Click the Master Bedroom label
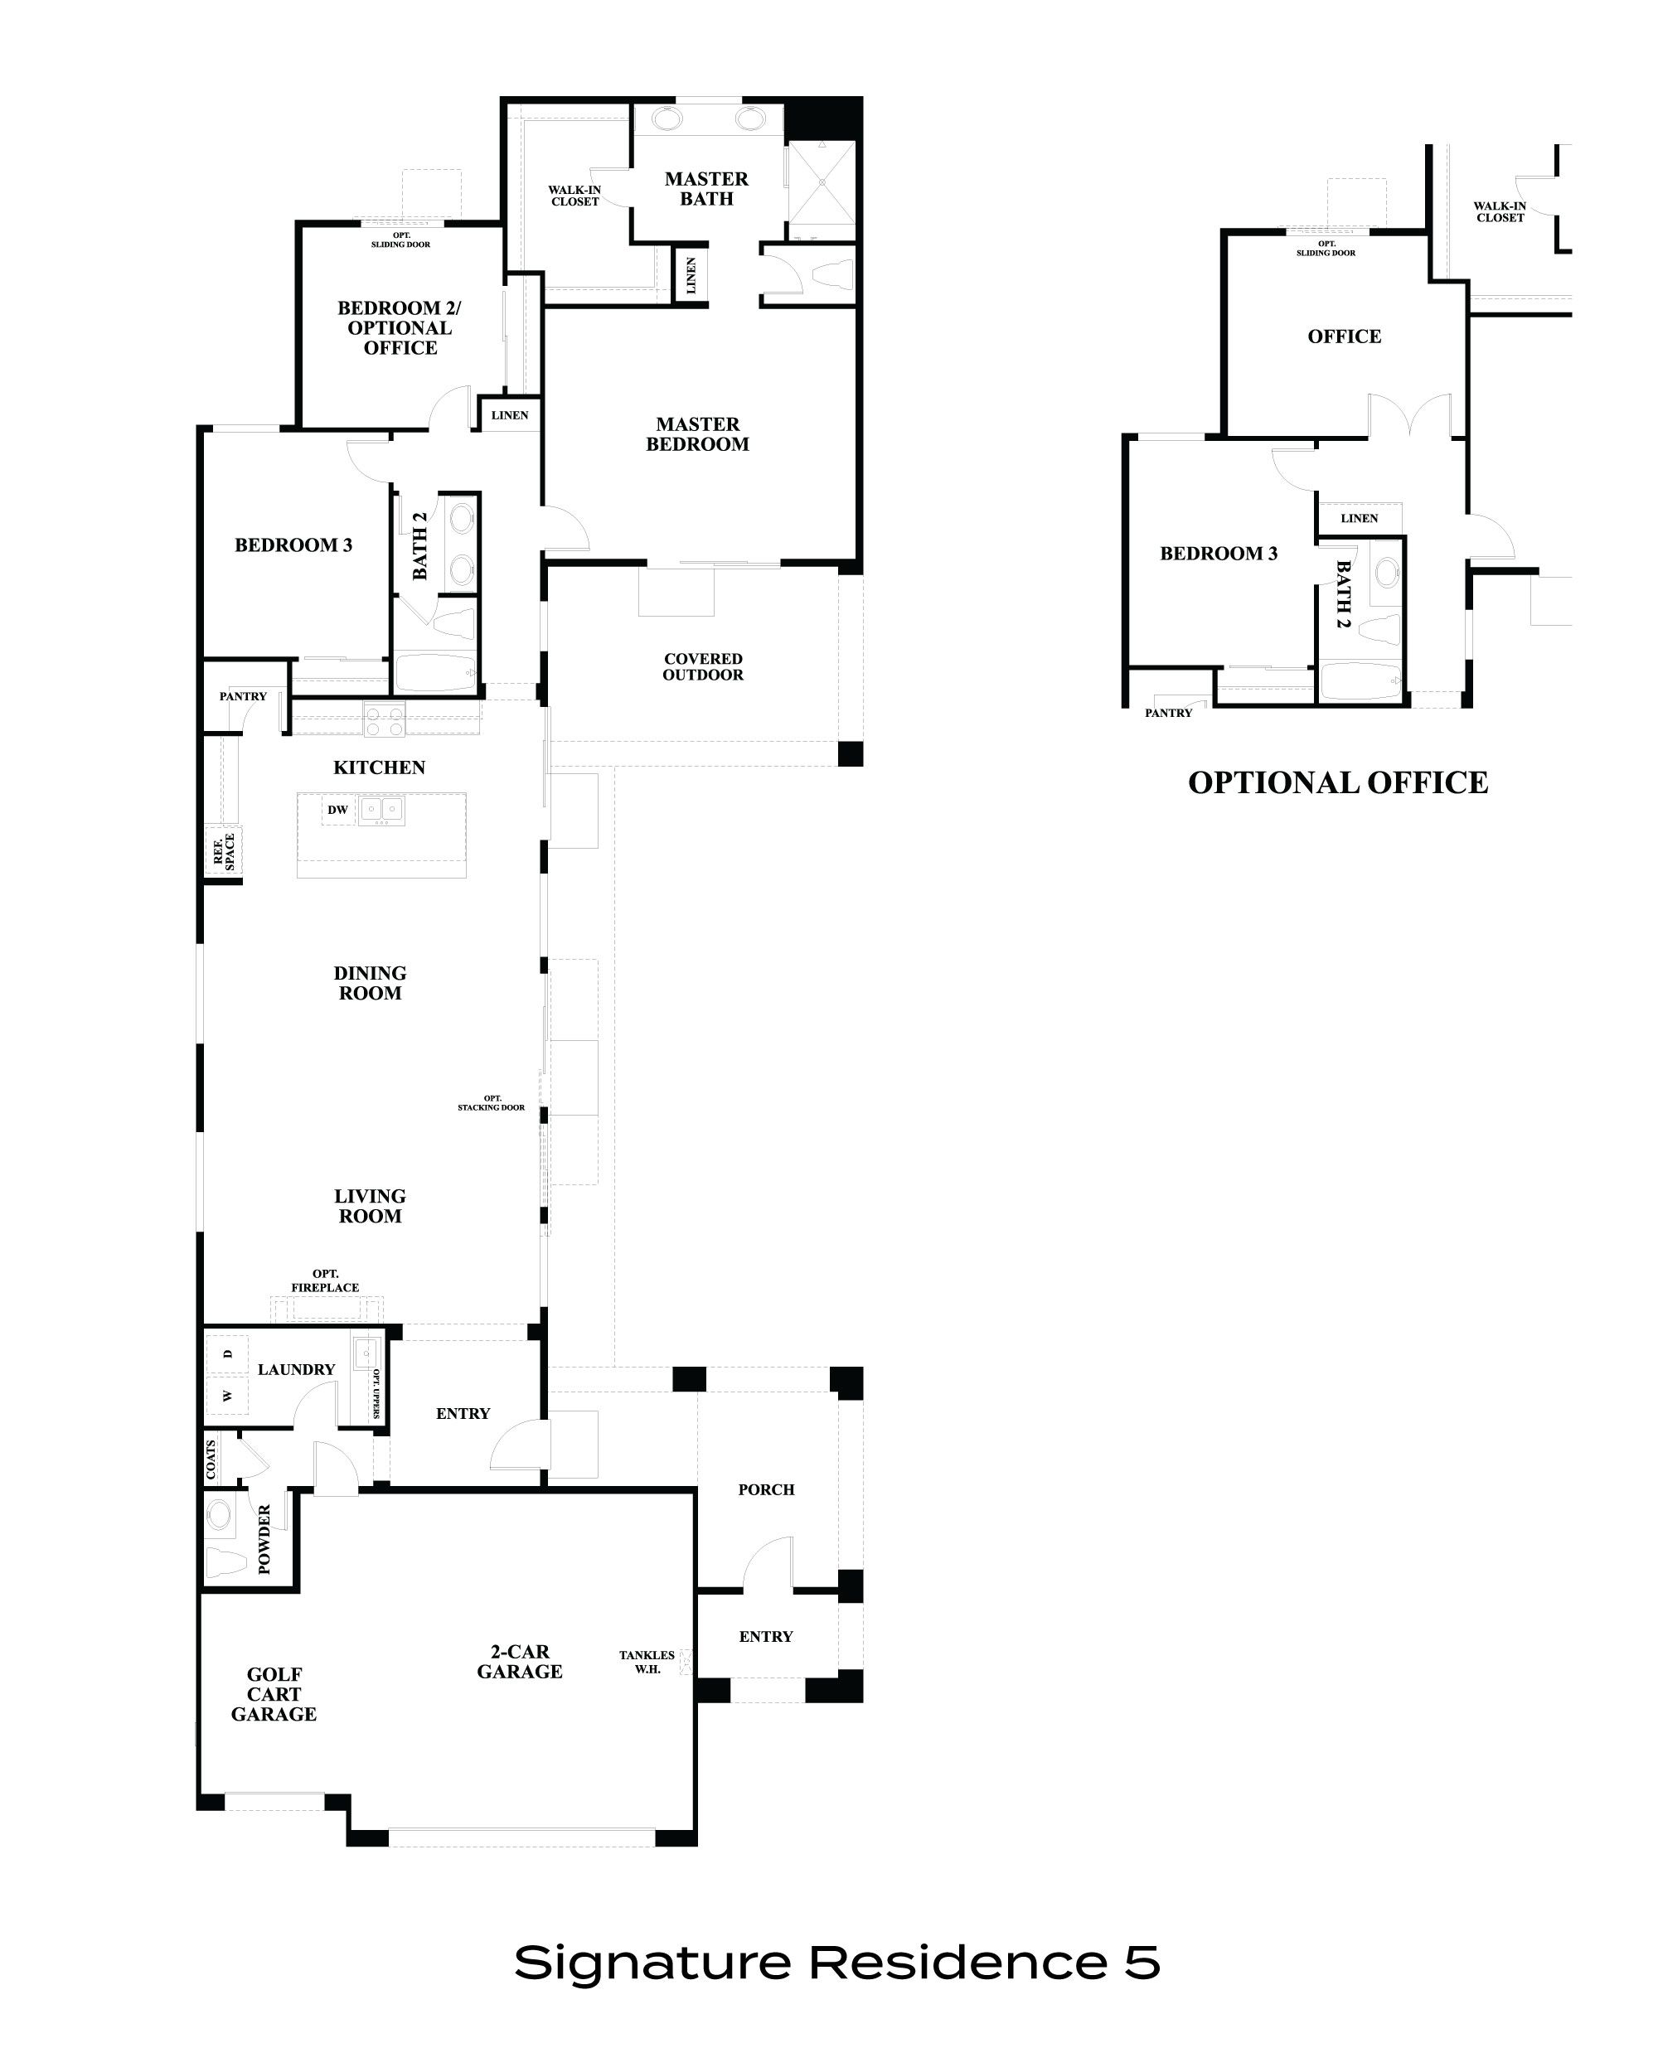click(697, 434)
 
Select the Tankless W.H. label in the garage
click(646, 1662)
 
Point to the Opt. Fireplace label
click(325, 1281)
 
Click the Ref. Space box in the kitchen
click(223, 851)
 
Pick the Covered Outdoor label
click(703, 667)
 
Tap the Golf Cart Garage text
click(273, 1694)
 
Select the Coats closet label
click(211, 1460)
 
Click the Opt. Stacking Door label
click(491, 1102)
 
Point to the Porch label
click(766, 1489)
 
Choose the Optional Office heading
click(1338, 783)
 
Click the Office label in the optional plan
click(1344, 336)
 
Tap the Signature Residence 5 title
click(837, 1962)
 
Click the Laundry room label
click(296, 1369)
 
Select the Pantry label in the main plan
click(243, 697)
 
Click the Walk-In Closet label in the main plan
click(574, 195)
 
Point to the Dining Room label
click(370, 983)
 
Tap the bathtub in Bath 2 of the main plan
click(434, 674)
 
